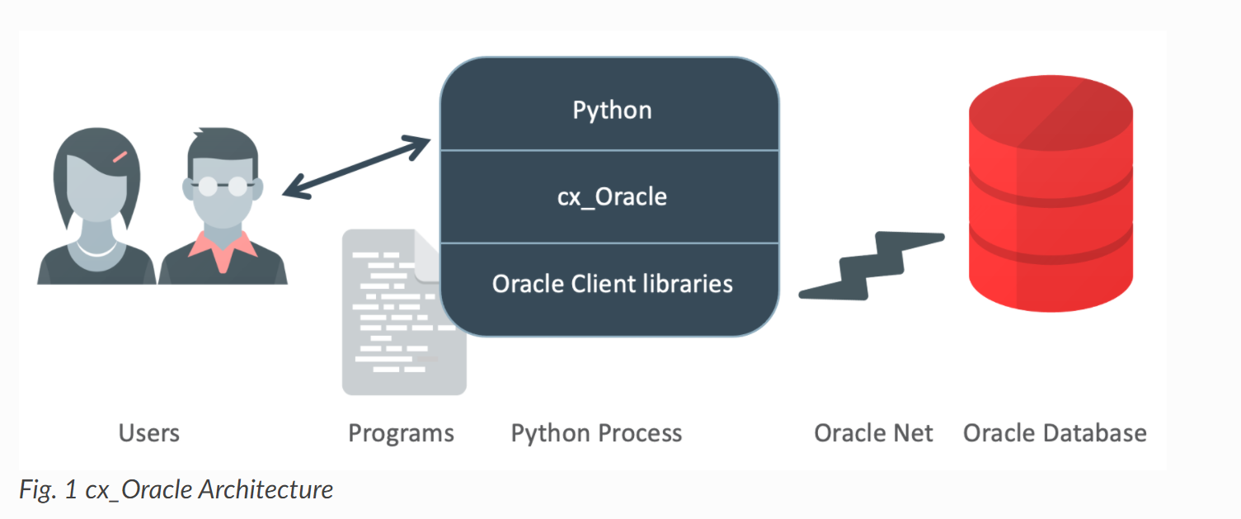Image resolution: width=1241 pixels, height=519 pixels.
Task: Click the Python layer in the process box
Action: point(612,111)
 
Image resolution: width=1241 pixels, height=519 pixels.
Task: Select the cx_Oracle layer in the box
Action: point(612,197)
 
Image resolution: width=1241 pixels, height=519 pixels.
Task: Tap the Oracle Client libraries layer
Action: point(612,284)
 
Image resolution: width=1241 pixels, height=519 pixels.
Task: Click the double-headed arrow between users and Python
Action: point(356,168)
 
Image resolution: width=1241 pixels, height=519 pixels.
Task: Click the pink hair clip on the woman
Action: point(120,155)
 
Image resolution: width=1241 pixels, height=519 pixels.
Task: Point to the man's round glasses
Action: point(222,186)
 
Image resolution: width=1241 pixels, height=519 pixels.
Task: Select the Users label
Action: point(148,433)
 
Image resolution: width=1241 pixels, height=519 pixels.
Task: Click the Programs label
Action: point(401,433)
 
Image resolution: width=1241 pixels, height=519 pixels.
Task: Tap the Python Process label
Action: point(596,433)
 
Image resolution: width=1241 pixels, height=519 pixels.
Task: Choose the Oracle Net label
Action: point(873,433)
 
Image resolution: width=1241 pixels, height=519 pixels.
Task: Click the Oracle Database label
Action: point(1055,433)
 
